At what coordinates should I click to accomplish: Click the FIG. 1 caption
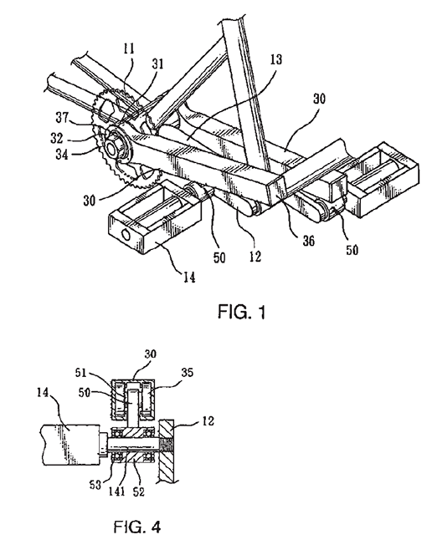(242, 312)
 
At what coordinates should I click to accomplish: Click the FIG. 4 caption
(137, 527)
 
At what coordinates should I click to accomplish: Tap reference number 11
(129, 48)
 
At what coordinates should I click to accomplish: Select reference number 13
(276, 59)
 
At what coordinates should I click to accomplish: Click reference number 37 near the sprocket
(63, 117)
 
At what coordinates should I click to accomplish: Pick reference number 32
(57, 138)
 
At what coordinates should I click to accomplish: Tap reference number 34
(62, 154)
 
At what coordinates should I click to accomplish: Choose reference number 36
(308, 241)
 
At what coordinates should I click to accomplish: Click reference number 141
(116, 492)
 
